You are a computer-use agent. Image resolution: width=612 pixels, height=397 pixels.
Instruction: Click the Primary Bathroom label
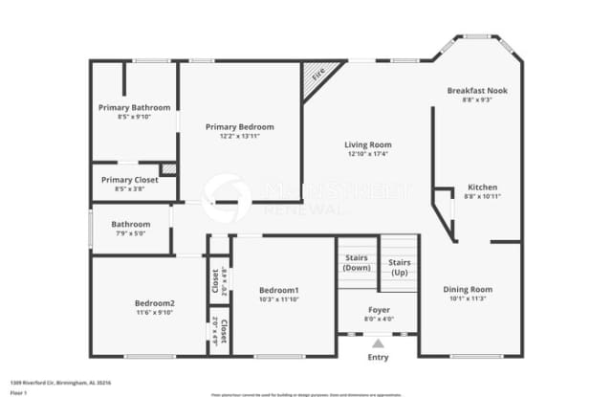pos(133,107)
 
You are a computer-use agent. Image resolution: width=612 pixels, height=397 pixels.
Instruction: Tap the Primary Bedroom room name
pos(240,126)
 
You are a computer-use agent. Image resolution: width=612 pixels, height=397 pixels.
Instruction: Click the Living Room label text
pos(368,144)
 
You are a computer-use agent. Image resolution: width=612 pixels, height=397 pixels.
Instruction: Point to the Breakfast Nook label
pos(477,90)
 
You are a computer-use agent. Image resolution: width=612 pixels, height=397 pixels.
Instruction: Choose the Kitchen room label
pos(482,187)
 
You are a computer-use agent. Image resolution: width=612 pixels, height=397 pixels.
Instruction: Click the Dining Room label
pos(468,289)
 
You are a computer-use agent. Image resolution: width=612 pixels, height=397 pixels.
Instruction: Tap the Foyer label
pos(379,311)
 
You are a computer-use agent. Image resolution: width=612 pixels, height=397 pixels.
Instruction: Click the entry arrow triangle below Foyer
pos(379,342)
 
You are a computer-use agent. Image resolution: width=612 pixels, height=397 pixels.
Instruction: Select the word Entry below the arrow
pos(379,358)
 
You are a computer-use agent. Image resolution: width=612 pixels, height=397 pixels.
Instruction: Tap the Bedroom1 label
pos(279,290)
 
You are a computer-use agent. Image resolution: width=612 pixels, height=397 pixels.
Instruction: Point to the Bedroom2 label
pos(154,303)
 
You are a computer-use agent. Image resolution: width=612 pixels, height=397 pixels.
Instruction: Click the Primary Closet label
pos(130,179)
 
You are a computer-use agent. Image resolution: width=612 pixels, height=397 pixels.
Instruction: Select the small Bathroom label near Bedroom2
pos(130,224)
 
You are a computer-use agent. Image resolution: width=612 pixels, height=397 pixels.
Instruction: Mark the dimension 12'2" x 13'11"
pos(240,136)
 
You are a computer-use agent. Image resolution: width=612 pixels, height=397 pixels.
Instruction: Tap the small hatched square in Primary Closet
pos(168,169)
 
